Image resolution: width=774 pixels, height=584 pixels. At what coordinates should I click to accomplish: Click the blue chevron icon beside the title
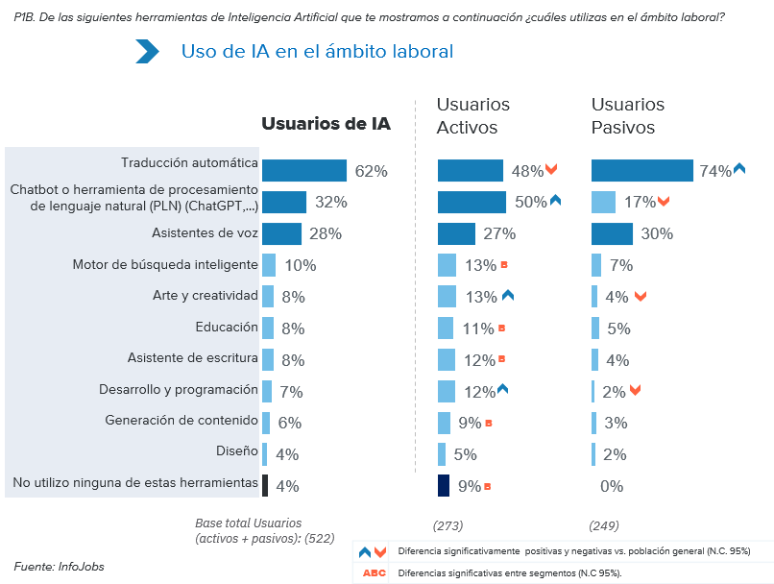147,51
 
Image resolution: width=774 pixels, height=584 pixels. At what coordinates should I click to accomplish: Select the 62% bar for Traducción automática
303,171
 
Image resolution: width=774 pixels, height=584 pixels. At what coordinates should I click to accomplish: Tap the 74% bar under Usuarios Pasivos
641,171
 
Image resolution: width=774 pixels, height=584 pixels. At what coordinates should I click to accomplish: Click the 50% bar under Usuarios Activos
472,202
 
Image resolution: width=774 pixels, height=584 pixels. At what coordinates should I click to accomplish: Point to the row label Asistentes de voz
205,232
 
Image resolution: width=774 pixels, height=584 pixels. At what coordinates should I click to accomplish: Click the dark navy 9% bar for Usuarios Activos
444,485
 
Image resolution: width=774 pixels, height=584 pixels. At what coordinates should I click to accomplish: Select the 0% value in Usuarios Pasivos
612,486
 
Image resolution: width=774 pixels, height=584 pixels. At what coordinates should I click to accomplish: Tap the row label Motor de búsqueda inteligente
165,264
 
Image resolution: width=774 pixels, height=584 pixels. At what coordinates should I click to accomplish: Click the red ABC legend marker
374,573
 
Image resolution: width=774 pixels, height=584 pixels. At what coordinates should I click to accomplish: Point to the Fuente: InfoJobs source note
59,567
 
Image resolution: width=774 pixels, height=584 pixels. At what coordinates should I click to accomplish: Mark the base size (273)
448,525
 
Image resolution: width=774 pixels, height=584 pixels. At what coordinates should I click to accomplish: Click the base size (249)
604,525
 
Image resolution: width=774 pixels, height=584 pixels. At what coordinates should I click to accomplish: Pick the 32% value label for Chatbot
330,203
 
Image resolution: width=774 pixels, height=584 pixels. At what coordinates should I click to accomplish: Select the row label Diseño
237,450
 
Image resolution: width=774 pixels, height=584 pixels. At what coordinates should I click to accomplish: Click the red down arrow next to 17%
664,202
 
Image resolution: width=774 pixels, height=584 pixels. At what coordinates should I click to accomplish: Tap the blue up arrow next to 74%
739,169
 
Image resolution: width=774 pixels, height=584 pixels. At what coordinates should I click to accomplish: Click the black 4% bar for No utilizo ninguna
265,485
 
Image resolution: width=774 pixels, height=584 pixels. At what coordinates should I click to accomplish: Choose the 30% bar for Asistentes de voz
612,233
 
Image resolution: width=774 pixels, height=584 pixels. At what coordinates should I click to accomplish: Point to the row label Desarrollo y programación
179,389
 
